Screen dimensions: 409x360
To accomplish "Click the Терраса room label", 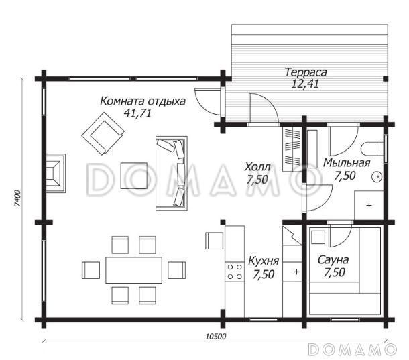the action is pyautogui.click(x=306, y=72).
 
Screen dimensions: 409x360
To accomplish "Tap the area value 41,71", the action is pyautogui.click(x=137, y=113).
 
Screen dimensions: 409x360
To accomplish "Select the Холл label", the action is pyautogui.click(x=257, y=167).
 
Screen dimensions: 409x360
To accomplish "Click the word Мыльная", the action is pyautogui.click(x=347, y=163).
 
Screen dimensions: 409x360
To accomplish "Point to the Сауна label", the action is pyautogui.click(x=333, y=260).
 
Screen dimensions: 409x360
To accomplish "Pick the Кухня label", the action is pyautogui.click(x=264, y=261).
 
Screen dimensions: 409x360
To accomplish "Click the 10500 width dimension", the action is pyautogui.click(x=215, y=337).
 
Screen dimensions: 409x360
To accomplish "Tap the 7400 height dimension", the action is pyautogui.click(x=17, y=199).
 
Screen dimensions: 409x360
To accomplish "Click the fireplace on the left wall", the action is pyautogui.click(x=56, y=173).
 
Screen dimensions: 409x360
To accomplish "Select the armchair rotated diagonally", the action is pyautogui.click(x=103, y=133).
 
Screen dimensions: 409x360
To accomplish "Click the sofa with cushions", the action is pyautogui.click(x=172, y=173).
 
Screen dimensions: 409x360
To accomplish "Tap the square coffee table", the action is pyautogui.click(x=134, y=176).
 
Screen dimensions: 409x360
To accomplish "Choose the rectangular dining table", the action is pyautogui.click(x=133, y=270).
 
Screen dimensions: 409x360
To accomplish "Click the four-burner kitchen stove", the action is pyautogui.click(x=235, y=272).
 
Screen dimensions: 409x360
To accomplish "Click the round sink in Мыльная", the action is pyautogui.click(x=377, y=177).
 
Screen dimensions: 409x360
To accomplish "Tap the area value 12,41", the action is pyautogui.click(x=305, y=84).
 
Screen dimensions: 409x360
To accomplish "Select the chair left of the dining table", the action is pyautogui.click(x=91, y=270).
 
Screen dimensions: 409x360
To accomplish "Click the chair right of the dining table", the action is pyautogui.click(x=176, y=270).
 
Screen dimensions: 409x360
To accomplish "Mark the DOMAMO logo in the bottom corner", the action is pyautogui.click(x=353, y=349).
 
